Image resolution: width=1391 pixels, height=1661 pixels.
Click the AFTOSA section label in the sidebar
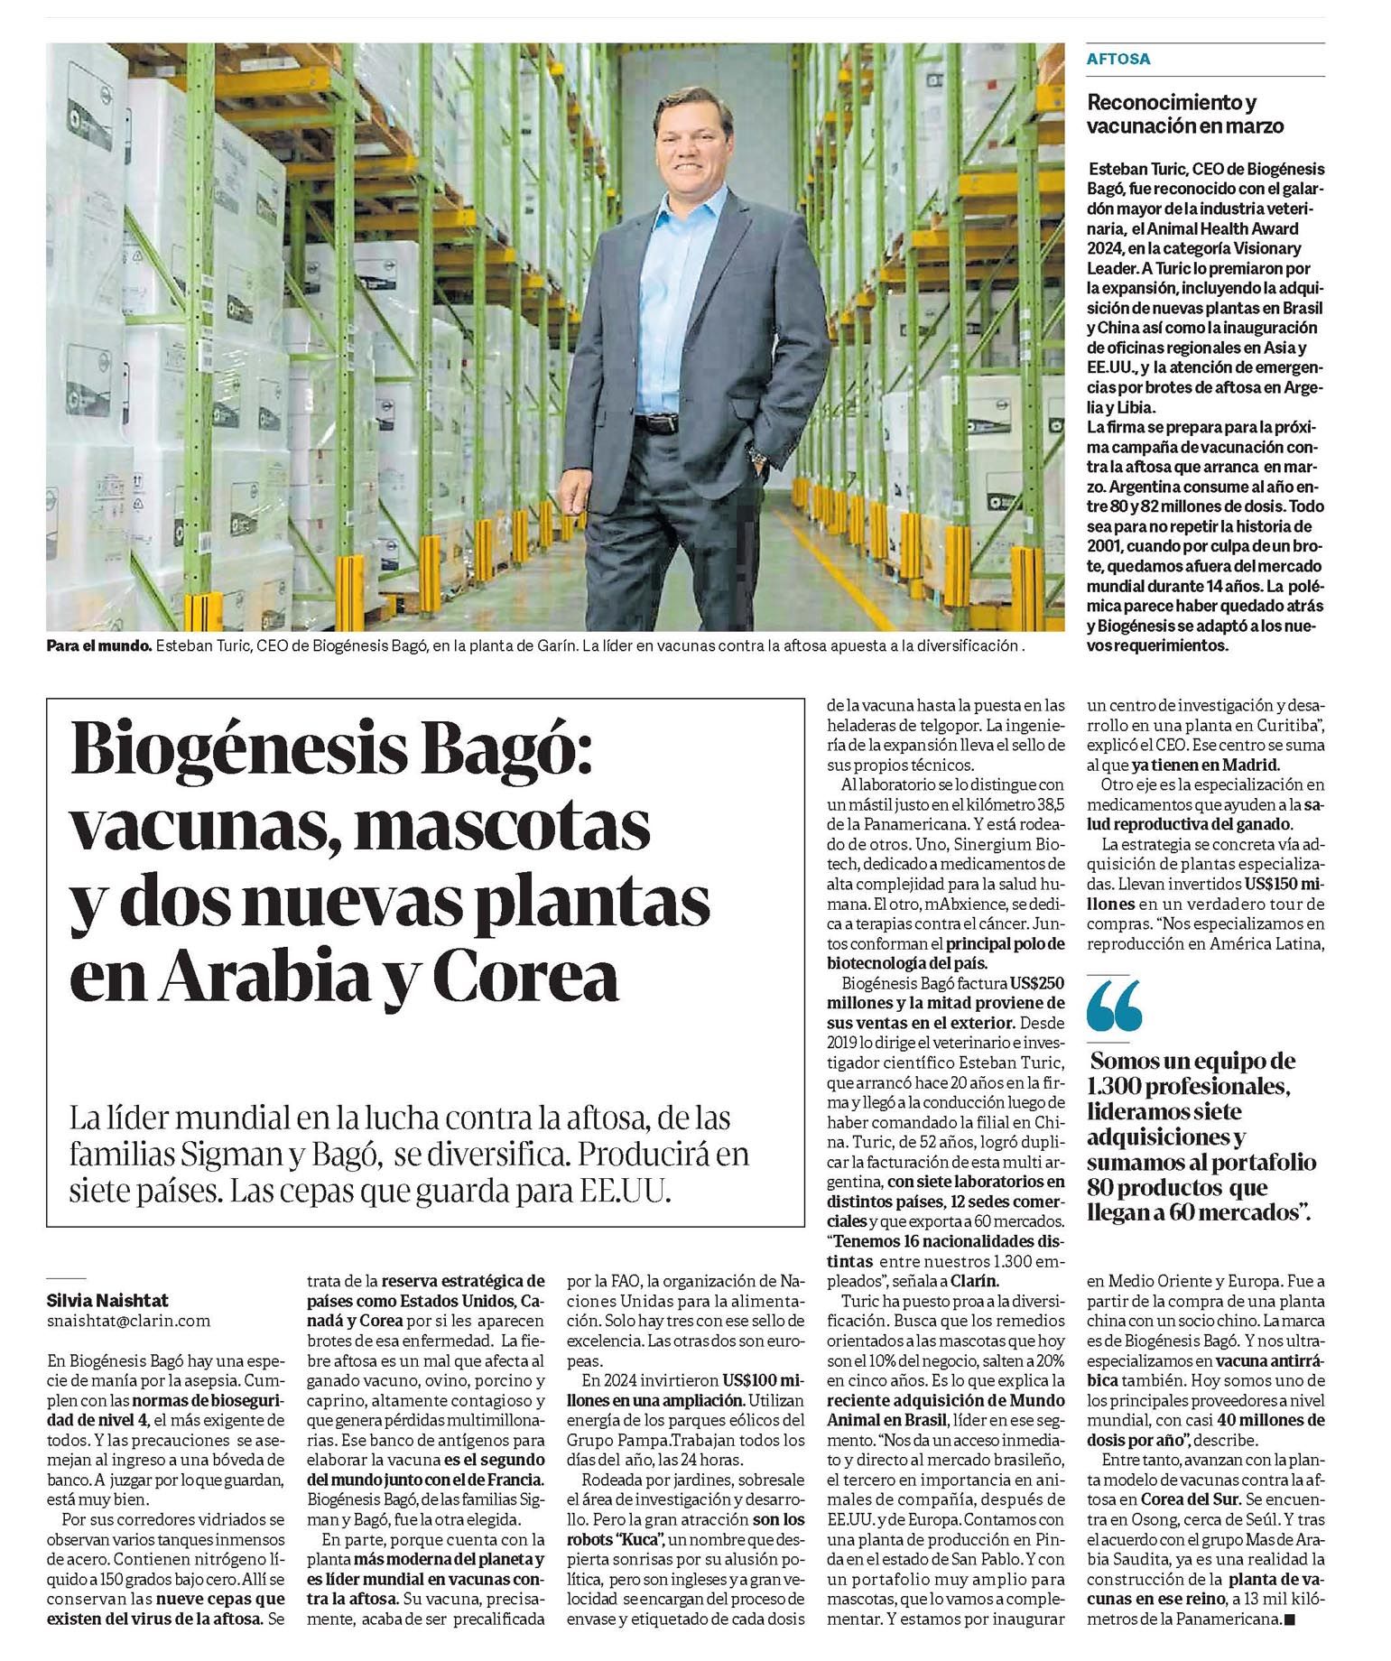tap(1118, 60)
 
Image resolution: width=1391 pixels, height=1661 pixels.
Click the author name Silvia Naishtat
tap(107, 1300)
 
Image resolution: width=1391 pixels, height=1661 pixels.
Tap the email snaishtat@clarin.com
tap(128, 1320)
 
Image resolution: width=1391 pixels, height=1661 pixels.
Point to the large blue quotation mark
tap(1114, 1005)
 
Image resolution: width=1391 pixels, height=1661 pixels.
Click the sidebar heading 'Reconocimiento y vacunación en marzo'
tap(1184, 114)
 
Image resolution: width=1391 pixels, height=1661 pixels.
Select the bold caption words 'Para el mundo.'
tap(98, 646)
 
